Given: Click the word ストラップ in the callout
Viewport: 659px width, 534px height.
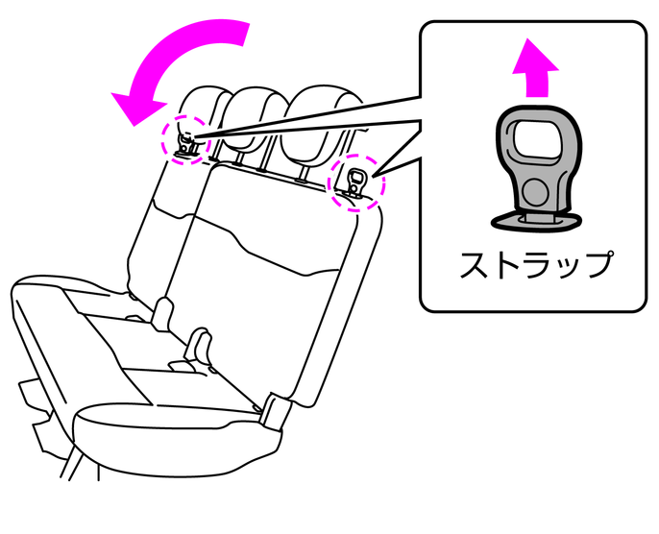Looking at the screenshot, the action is [535, 265].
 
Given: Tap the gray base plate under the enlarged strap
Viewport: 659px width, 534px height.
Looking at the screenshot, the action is [536, 221].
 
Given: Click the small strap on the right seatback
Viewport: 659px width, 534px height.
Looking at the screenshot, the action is [357, 182].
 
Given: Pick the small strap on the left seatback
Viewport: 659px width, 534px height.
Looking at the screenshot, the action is [185, 145].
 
